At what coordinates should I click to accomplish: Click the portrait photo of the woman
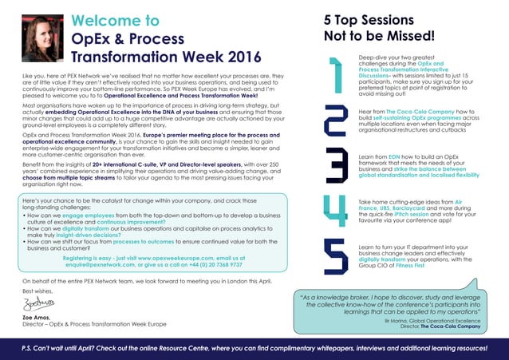click(x=39, y=39)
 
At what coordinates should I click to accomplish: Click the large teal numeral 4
click(x=334, y=205)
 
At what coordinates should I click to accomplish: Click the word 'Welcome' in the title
click(x=103, y=21)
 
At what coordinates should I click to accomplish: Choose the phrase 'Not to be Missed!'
click(x=379, y=36)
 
